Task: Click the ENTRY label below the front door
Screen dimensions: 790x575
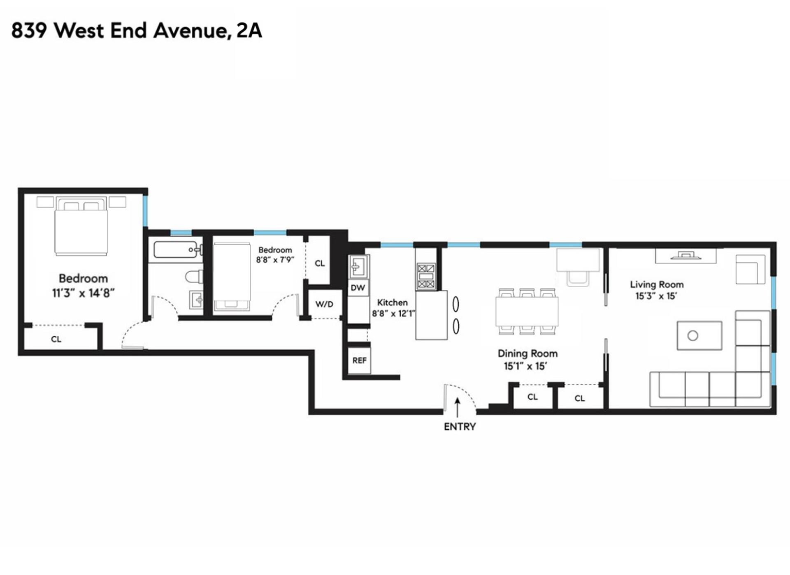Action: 460,427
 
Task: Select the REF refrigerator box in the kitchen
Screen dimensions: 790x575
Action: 359,361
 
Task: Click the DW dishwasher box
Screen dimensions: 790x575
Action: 358,288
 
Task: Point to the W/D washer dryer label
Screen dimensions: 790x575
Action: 324,304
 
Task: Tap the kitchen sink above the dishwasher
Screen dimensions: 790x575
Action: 359,266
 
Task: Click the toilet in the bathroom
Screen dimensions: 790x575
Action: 194,276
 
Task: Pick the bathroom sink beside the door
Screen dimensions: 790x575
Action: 196,299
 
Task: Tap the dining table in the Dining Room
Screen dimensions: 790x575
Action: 527,311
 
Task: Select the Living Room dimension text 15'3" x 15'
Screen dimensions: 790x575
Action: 656,296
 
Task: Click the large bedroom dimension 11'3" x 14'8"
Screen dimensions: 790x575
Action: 83,293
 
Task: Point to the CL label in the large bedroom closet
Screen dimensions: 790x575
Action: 56,339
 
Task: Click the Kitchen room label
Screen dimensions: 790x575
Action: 392,303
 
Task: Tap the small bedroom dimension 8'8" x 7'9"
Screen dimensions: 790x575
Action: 275,260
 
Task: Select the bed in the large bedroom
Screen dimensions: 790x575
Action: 81,226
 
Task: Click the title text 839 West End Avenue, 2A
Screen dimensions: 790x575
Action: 137,31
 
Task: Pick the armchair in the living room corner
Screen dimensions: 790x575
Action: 750,269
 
